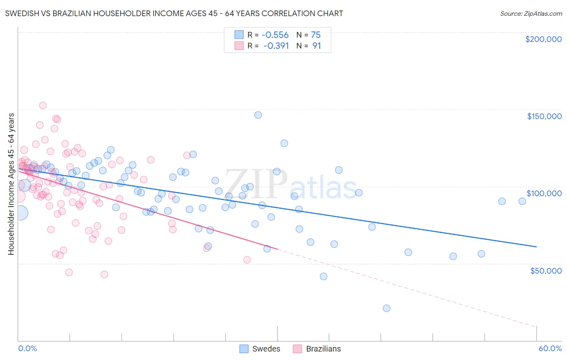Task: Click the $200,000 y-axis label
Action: [x=543, y=39]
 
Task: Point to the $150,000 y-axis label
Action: [x=544, y=116]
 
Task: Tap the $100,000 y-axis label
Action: [x=544, y=193]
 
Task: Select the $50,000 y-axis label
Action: [x=546, y=270]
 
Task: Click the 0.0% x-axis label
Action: [x=27, y=348]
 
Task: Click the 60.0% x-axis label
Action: [x=550, y=348]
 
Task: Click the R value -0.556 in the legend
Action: [x=275, y=35]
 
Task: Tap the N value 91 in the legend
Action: [x=317, y=46]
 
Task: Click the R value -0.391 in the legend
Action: [x=276, y=46]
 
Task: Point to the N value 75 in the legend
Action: [x=315, y=35]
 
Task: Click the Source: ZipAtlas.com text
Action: [x=531, y=14]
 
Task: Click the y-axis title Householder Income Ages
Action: [x=11, y=184]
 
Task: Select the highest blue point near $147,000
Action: [x=258, y=115]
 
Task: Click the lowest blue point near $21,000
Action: [x=386, y=308]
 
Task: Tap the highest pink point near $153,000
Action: [x=43, y=105]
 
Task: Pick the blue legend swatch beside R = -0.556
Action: [x=239, y=35]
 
